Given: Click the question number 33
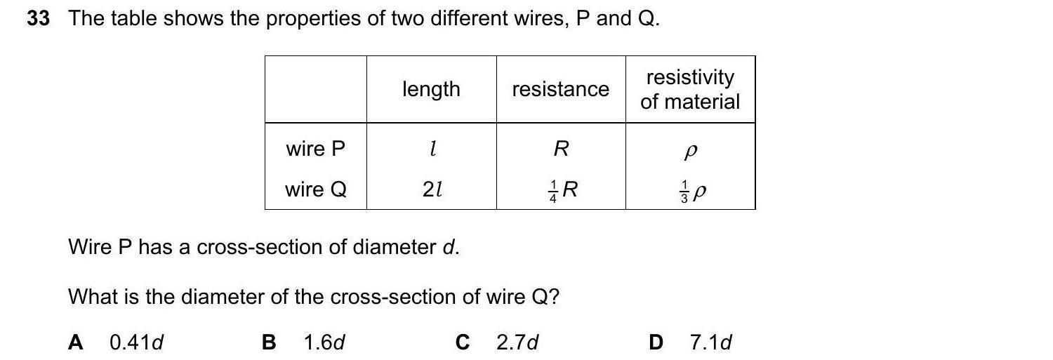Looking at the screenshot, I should [x=38, y=19].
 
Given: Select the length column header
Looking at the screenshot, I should [x=431, y=89].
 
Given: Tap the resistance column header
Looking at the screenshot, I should [x=560, y=89].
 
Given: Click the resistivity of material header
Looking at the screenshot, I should [x=690, y=89].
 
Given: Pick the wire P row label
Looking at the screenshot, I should [x=315, y=149].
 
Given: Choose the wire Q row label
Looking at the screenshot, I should [x=315, y=189].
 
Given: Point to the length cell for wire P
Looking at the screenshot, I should [x=432, y=149].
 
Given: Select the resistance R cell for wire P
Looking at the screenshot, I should [x=560, y=149].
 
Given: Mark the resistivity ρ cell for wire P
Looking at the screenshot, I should [x=690, y=149].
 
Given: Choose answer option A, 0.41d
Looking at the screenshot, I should [x=117, y=342].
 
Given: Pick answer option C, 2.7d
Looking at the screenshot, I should [x=498, y=342].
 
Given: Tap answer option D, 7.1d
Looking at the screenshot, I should [x=691, y=342].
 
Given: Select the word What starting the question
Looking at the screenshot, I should [x=93, y=297].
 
